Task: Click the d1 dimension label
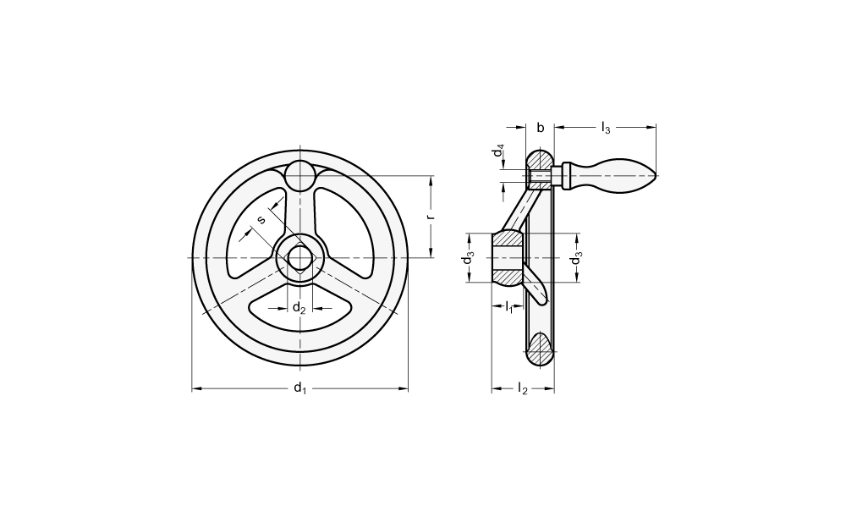click(x=299, y=388)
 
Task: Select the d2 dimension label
click(x=299, y=308)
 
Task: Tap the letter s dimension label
click(x=261, y=219)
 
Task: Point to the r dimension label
click(x=431, y=217)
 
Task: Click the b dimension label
click(x=540, y=128)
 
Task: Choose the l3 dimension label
click(x=606, y=129)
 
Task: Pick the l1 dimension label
click(x=508, y=308)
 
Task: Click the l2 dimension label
click(x=522, y=388)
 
